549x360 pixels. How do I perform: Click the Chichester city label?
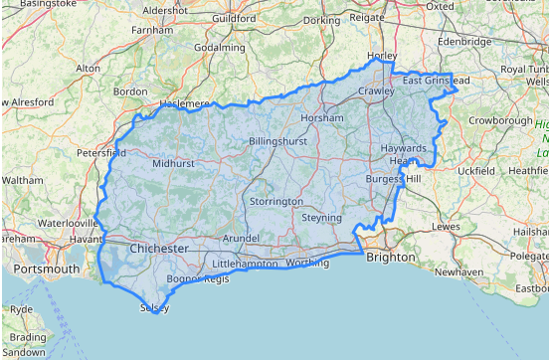158,247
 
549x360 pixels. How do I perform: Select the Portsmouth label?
46,270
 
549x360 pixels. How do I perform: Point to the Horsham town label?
321,117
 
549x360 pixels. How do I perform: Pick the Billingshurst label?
278,142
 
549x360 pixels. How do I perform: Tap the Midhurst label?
173,163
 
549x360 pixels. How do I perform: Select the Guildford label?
234,18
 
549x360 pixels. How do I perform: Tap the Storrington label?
276,201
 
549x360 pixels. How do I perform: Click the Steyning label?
321,217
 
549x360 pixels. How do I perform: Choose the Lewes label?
445,227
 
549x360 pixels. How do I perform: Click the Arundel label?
241,239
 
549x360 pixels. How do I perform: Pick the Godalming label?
220,48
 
